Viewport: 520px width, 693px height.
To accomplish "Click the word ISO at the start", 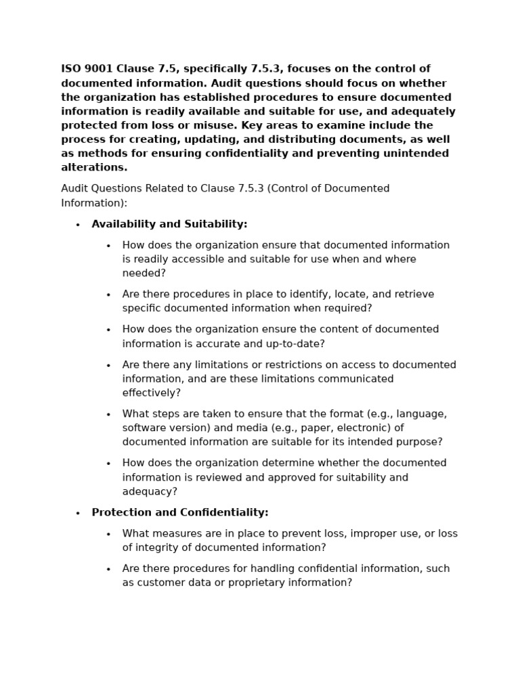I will (71, 69).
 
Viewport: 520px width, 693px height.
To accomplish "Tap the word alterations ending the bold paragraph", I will (94, 167).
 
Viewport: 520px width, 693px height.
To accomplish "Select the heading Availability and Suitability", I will (169, 224).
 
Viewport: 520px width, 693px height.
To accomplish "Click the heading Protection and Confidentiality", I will (180, 512).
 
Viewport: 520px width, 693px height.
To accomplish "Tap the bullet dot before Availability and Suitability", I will (78, 225).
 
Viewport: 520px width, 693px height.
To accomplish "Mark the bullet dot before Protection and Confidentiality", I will (78, 513).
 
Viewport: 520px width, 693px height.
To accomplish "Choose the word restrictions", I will (272, 365).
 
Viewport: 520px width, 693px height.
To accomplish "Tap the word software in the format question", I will (144, 428).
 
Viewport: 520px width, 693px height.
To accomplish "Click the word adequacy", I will (150, 491).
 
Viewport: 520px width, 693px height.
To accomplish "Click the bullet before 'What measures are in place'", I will (108, 534).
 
